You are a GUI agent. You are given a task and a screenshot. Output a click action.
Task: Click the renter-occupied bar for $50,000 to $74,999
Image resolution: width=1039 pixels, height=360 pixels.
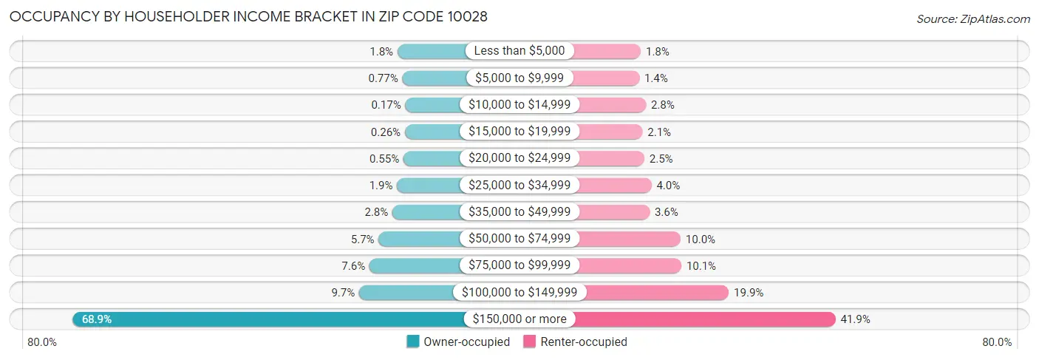coord(628,239)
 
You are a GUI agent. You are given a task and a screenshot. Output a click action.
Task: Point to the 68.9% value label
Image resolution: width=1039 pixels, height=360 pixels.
coord(97,319)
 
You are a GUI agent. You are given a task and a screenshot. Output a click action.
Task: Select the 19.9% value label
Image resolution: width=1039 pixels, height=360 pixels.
coord(749,293)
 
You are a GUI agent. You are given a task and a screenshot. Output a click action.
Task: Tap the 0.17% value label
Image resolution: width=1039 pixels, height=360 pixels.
coord(386,105)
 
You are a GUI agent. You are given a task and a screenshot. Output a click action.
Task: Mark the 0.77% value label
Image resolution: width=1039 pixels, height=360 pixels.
coord(384,78)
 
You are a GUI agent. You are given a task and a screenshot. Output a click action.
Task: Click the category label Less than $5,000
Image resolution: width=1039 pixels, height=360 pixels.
coord(519,51)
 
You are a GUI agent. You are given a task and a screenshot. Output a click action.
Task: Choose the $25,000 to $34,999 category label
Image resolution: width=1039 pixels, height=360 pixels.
coord(519,185)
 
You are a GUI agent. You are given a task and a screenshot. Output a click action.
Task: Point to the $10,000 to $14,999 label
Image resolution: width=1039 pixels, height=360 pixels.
coord(519,105)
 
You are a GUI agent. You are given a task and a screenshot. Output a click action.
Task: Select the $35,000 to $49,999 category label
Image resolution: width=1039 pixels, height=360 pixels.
coord(519,212)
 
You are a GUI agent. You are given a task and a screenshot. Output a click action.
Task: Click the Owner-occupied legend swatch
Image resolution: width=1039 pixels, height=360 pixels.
coord(413,342)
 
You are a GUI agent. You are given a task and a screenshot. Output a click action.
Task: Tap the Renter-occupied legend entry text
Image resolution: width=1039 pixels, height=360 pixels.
coord(584,342)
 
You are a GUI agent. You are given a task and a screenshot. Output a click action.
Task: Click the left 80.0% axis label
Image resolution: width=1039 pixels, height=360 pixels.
coord(42,342)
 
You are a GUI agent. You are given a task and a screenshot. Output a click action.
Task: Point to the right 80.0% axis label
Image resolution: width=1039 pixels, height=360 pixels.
coord(997,342)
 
